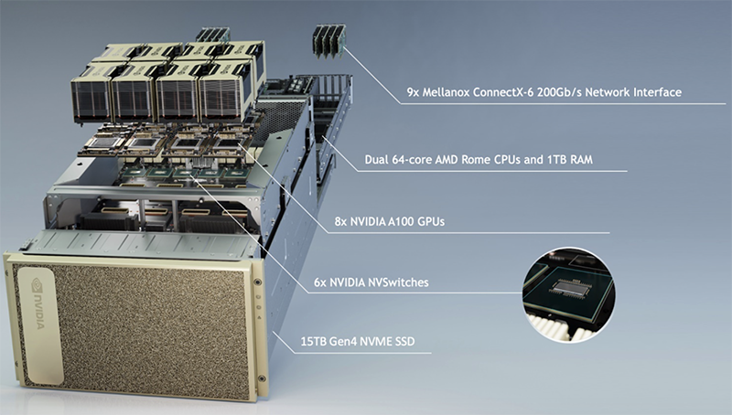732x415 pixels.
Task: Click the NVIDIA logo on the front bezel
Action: click(38, 304)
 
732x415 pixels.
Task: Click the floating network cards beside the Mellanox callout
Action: click(329, 41)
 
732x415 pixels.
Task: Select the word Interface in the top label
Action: click(657, 92)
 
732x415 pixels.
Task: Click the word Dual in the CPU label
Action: click(375, 160)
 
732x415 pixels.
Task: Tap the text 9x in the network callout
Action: click(414, 92)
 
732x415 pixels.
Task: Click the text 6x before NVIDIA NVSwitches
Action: click(320, 282)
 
